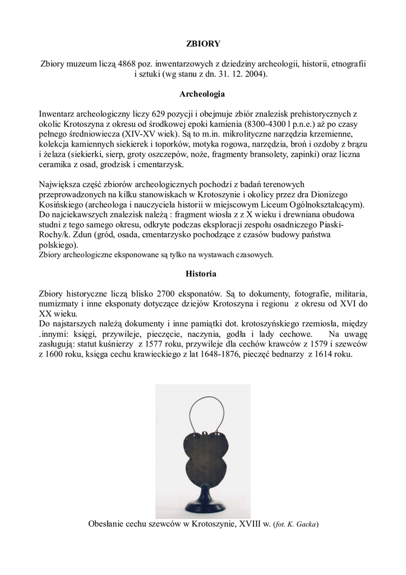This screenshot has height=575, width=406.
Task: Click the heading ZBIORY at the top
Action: [x=203, y=43]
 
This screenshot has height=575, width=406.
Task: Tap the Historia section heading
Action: [x=203, y=273]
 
